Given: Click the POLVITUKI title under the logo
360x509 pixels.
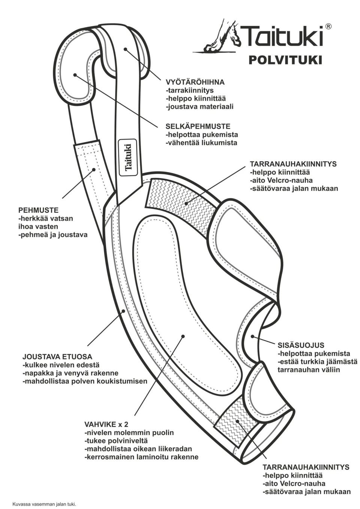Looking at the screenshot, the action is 285,60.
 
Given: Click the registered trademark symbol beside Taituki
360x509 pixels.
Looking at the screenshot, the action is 328,26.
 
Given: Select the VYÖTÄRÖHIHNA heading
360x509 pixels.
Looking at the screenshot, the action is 195,82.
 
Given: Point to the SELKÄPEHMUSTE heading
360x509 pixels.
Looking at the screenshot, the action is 198,126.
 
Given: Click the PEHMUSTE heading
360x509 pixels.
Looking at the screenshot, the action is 38,210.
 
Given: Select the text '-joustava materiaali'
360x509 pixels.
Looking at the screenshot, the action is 199,106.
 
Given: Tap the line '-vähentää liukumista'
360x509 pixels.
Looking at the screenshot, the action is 201,143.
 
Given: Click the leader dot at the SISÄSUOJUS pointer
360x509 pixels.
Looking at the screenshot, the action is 252,336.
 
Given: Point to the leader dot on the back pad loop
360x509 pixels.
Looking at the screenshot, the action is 75,75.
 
